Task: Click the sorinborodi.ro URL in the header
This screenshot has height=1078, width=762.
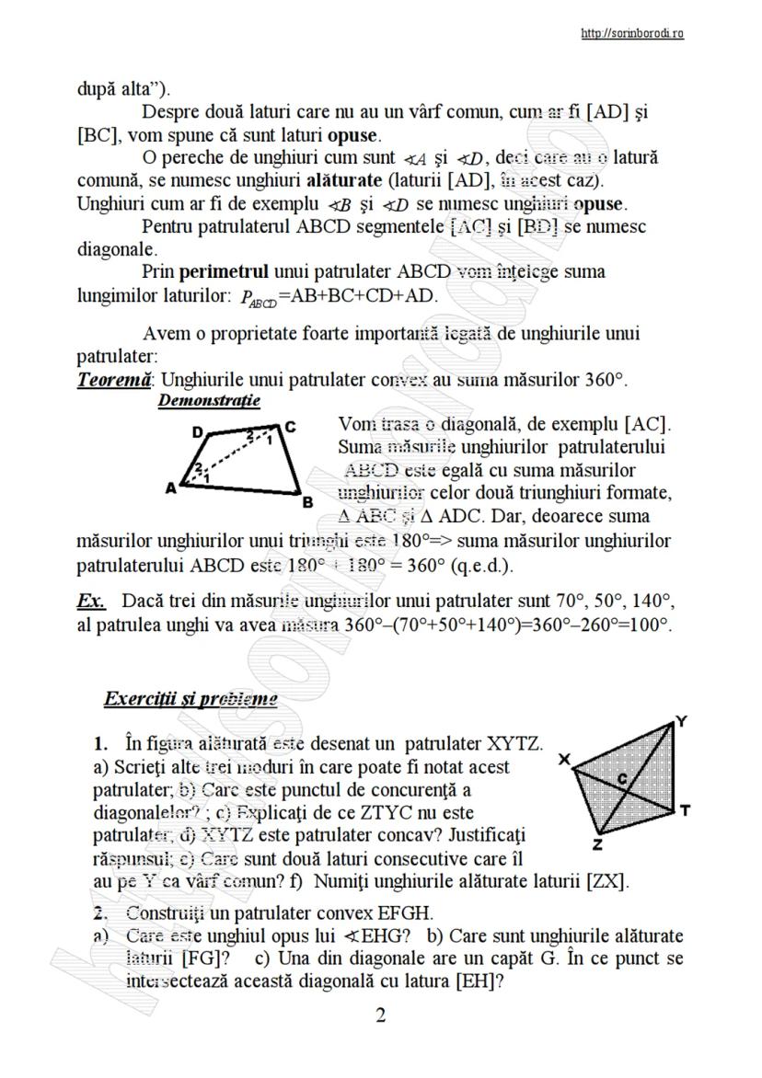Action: (632, 34)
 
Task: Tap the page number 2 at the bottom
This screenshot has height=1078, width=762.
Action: (380, 1015)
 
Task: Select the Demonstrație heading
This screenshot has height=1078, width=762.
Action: (209, 401)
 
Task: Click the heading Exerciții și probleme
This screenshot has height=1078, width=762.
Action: (190, 698)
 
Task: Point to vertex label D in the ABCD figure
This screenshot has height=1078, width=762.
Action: (197, 431)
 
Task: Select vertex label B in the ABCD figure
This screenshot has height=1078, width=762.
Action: (307, 502)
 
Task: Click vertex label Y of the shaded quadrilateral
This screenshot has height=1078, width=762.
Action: (680, 722)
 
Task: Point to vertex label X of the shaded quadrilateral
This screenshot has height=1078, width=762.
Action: (564, 759)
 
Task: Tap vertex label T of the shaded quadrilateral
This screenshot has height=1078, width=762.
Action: (686, 809)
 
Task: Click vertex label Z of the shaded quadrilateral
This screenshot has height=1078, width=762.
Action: (597, 843)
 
